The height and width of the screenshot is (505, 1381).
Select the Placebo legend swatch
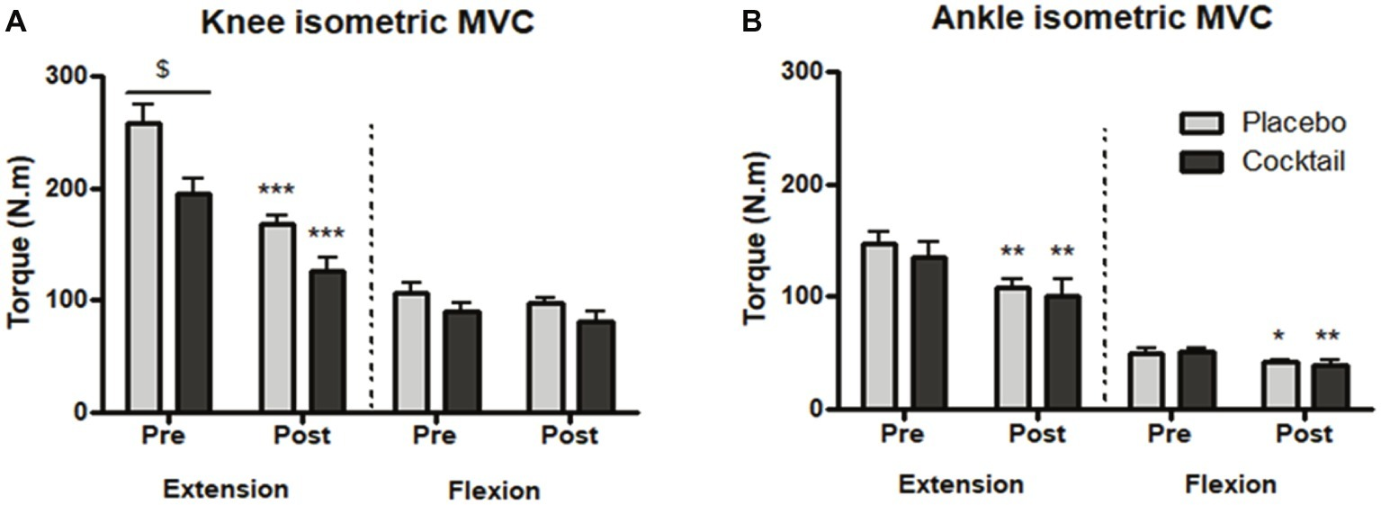(x=1197, y=122)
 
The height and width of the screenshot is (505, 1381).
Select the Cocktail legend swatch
(x=1197, y=161)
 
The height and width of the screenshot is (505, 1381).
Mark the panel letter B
(x=751, y=23)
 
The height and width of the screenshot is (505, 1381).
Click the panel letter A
(x=15, y=23)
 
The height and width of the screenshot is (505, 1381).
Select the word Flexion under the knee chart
(x=494, y=491)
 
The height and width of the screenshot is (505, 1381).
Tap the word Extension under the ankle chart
(x=961, y=484)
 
